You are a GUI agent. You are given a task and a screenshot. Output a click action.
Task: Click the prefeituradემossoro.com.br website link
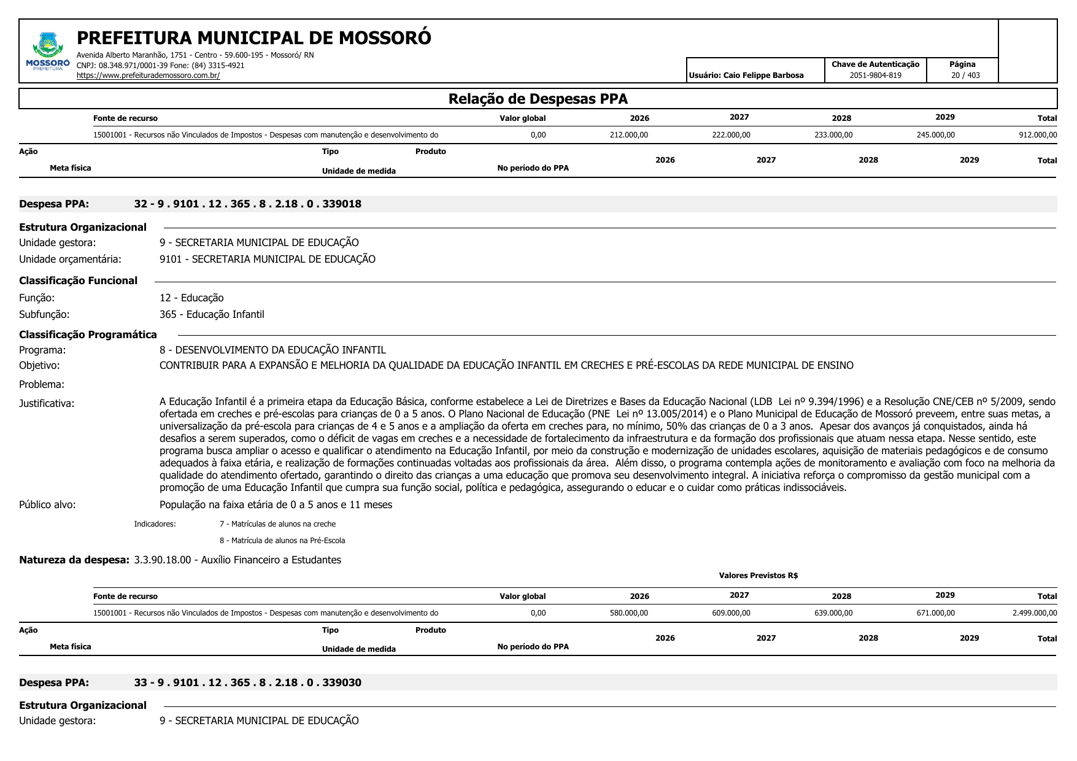148,75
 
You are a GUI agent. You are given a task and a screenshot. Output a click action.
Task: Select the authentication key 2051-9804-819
875,75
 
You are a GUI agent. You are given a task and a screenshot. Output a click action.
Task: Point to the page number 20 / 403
965,75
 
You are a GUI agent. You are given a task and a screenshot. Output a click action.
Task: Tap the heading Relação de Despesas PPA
538,99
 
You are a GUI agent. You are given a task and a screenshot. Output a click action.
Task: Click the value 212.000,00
628,135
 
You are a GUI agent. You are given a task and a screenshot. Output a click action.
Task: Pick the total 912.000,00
1038,135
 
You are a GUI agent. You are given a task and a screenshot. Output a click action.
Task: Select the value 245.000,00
935,135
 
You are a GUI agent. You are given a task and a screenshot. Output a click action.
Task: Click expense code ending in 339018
247,204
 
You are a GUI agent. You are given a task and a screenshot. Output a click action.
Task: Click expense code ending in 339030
247,682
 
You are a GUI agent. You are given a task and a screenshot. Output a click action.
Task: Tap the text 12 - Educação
191,298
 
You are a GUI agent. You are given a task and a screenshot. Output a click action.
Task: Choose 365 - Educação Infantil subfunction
212,314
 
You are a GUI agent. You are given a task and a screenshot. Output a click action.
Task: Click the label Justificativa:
47,403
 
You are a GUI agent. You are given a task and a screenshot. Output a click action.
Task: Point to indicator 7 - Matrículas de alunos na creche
277,524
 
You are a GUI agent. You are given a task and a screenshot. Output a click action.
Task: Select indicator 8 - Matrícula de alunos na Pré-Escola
282,541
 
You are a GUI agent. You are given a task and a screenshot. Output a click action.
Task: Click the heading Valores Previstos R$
758,576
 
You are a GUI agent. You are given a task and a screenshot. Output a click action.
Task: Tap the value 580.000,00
628,613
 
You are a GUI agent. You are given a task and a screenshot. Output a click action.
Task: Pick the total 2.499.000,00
1035,613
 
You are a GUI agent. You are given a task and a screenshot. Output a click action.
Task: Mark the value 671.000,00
935,613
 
